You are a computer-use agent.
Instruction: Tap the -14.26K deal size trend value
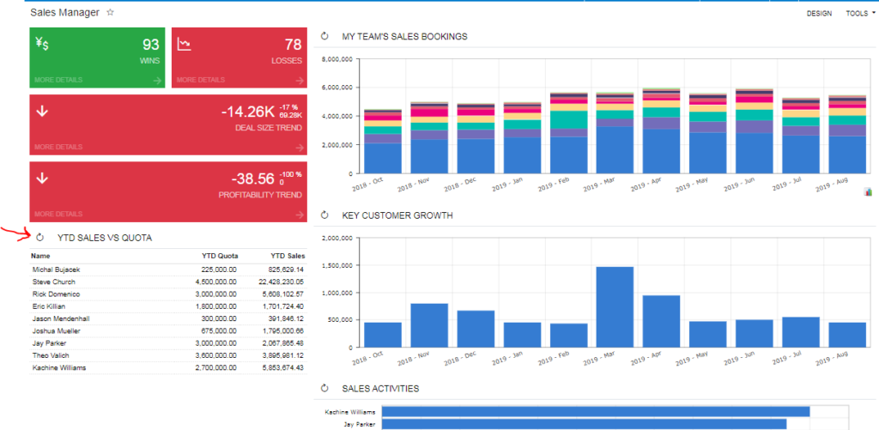[247, 112]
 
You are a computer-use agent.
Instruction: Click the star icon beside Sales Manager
[110, 13]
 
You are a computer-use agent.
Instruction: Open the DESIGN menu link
[819, 14]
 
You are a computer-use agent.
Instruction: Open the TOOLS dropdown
[859, 14]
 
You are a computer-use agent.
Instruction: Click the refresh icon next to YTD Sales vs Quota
[39, 237]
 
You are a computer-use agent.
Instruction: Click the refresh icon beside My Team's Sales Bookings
[324, 37]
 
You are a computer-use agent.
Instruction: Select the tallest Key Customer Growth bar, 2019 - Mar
[615, 306]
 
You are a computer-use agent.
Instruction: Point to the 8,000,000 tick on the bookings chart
[335, 60]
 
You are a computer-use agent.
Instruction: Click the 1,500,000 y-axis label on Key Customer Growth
[335, 265]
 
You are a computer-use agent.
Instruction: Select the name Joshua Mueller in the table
[56, 330]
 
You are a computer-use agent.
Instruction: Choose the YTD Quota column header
[219, 256]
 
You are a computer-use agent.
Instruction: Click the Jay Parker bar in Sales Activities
[584, 424]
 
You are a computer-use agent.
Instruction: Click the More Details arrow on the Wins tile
[157, 81]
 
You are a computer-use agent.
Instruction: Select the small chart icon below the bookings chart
[868, 192]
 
